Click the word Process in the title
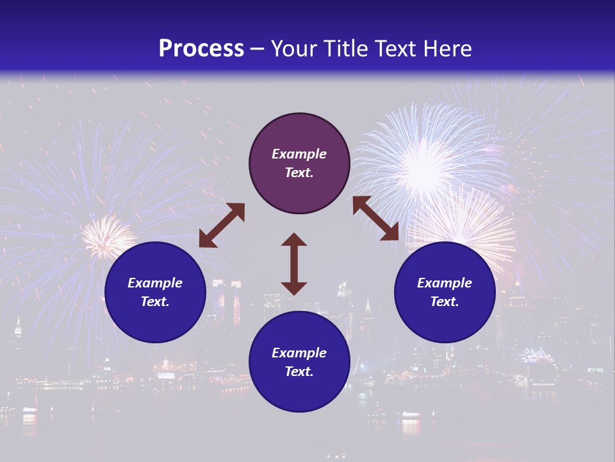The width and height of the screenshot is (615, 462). [201, 48]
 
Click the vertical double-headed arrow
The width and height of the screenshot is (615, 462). [294, 264]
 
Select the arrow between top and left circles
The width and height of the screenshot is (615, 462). [222, 225]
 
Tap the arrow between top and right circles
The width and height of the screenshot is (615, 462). [375, 218]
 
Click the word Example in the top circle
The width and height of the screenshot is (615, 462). [299, 154]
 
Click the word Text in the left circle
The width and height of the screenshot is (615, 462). [154, 302]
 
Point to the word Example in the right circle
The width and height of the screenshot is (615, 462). [445, 283]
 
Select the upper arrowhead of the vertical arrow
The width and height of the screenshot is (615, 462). [294, 240]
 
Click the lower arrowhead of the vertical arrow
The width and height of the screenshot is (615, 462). [294, 287]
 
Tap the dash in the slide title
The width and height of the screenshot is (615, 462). [257, 49]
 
